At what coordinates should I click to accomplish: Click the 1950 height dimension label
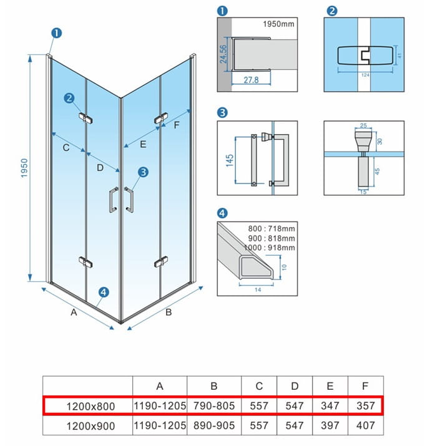point(24,168)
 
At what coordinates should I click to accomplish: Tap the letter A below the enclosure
point(74,312)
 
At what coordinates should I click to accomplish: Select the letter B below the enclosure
point(169,312)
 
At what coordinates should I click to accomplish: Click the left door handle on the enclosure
point(114,200)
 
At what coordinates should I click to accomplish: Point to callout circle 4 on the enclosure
point(104,292)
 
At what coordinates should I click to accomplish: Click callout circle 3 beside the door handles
point(143,172)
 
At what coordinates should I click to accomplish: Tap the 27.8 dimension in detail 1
point(251,80)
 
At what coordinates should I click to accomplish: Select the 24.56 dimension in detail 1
point(223,54)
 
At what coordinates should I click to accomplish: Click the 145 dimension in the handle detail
point(230,160)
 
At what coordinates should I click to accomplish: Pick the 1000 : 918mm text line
point(270,248)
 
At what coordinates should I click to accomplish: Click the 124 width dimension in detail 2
point(365,75)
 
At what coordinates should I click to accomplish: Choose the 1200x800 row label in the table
point(90,406)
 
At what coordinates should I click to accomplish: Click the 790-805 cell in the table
point(214,405)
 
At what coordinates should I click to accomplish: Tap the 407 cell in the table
point(365,425)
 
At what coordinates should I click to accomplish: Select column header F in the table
point(365,386)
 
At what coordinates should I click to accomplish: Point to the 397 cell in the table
point(330,425)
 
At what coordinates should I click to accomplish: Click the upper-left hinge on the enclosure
point(86,118)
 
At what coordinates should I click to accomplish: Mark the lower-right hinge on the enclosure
point(161,262)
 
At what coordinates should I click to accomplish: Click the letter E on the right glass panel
point(143,144)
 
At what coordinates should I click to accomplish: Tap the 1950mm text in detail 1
point(278,24)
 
